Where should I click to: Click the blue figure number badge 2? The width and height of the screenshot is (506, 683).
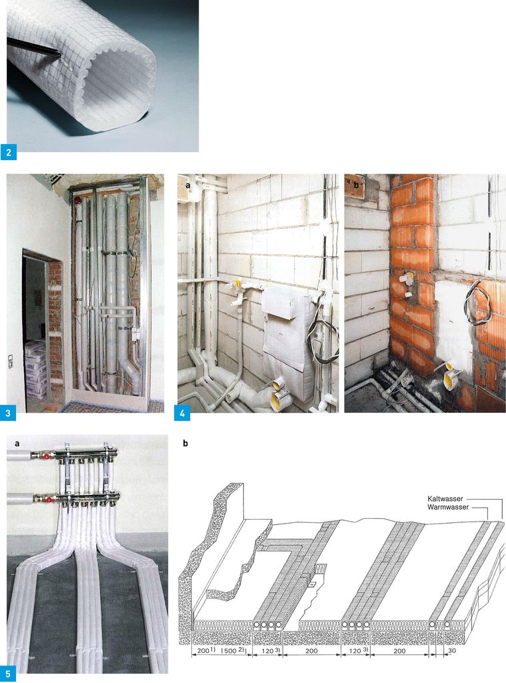pyautogui.click(x=9, y=153)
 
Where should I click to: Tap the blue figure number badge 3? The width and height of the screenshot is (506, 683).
pyautogui.click(x=8, y=413)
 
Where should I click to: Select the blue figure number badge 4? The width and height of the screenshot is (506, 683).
pyautogui.click(x=182, y=413)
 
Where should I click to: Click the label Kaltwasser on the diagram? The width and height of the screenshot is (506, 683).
pyautogui.click(x=445, y=498)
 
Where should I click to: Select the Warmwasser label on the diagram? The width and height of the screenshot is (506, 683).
pyautogui.click(x=447, y=507)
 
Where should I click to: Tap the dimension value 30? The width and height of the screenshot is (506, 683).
pyautogui.click(x=451, y=651)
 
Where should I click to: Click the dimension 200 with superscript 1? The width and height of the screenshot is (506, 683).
pyautogui.click(x=205, y=650)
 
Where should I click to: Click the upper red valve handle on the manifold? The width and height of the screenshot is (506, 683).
pyautogui.click(x=44, y=456)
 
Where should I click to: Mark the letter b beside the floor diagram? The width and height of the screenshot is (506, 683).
pyautogui.click(x=185, y=444)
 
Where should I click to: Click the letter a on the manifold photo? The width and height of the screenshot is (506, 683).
pyautogui.click(x=17, y=444)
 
